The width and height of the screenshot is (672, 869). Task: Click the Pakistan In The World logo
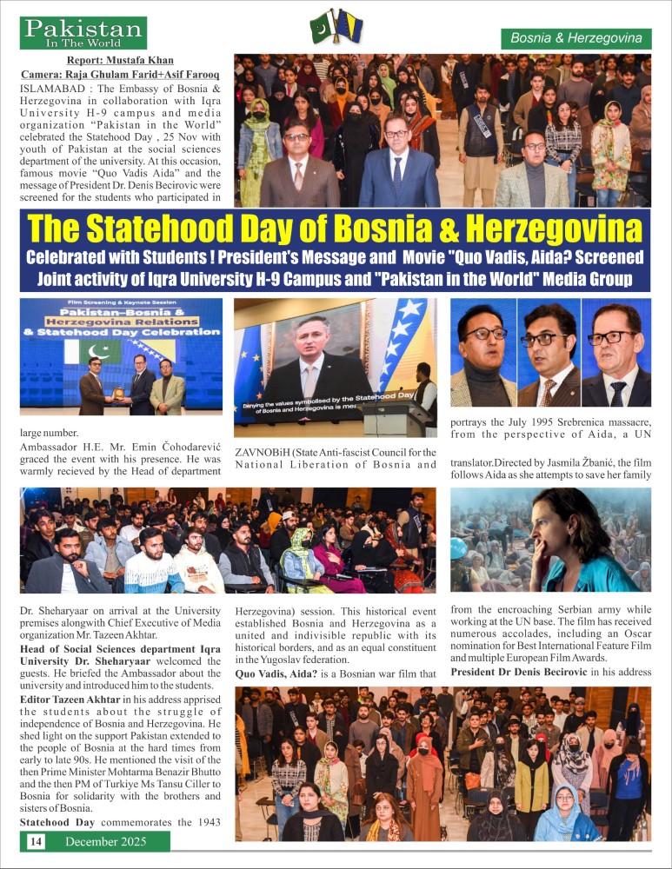click(x=84, y=32)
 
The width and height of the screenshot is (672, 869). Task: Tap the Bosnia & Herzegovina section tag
click(x=576, y=38)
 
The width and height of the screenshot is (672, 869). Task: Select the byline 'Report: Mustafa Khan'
click(x=120, y=60)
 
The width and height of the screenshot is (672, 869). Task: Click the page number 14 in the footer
click(x=36, y=841)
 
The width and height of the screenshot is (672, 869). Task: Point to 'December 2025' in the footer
click(x=106, y=841)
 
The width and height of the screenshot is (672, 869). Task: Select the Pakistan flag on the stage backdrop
click(x=99, y=353)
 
